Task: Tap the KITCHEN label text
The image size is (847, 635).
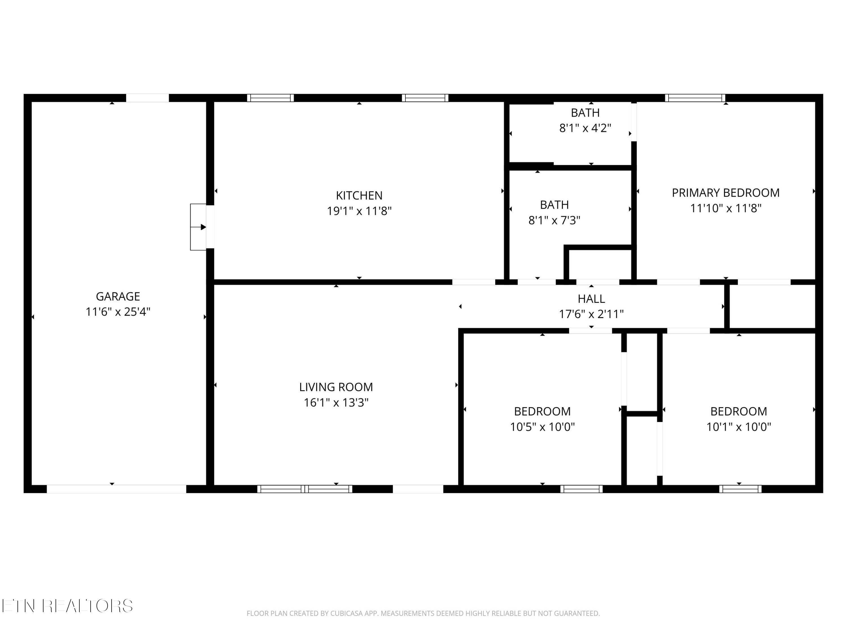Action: pyautogui.click(x=359, y=196)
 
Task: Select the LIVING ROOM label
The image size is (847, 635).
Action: pyautogui.click(x=336, y=387)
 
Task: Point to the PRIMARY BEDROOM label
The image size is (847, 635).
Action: pyautogui.click(x=726, y=192)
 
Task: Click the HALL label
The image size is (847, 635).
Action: pyautogui.click(x=591, y=299)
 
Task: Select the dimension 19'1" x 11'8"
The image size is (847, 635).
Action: pyautogui.click(x=359, y=211)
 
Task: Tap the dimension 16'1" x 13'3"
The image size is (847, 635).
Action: pyautogui.click(x=336, y=403)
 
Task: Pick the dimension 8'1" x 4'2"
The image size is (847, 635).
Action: pyautogui.click(x=585, y=128)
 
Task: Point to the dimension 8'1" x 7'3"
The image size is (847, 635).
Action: pyautogui.click(x=554, y=220)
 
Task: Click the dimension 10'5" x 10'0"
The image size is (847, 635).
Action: pyautogui.click(x=542, y=427)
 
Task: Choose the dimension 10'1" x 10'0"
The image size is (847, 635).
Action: pyautogui.click(x=739, y=427)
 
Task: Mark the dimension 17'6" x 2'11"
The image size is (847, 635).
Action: pyautogui.click(x=591, y=314)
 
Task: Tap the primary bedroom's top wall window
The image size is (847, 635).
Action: pyautogui.click(x=695, y=98)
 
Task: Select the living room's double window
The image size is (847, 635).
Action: pyautogui.click(x=305, y=489)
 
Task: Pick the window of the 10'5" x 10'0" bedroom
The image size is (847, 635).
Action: pyautogui.click(x=581, y=489)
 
